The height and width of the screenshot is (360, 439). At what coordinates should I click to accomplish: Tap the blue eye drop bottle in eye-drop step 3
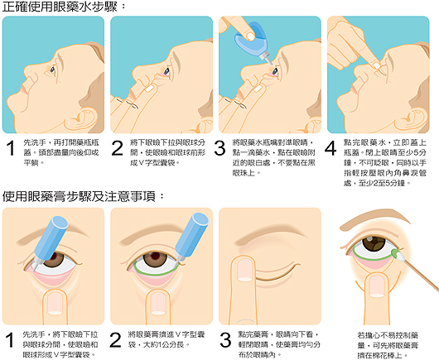(253, 42)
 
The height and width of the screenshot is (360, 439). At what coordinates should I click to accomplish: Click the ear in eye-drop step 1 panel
(83, 117)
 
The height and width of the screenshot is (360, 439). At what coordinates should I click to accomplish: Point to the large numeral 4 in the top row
(331, 148)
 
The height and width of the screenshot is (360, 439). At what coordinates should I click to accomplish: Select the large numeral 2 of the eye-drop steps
(117, 148)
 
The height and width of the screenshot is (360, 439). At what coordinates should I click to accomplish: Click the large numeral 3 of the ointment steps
(225, 340)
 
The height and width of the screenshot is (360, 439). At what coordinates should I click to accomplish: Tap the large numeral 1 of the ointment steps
(10, 340)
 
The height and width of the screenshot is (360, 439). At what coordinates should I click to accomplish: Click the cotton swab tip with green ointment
(397, 254)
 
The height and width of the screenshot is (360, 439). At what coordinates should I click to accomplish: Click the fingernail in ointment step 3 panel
(245, 270)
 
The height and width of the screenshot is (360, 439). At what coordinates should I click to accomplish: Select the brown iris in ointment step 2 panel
(156, 259)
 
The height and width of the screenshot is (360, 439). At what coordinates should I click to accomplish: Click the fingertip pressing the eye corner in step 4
(377, 65)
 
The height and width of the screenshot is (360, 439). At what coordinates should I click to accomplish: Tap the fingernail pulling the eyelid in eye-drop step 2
(149, 89)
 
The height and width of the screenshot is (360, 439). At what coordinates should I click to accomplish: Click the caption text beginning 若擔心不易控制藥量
(388, 345)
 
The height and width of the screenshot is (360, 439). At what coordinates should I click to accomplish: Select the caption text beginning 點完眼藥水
(385, 163)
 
